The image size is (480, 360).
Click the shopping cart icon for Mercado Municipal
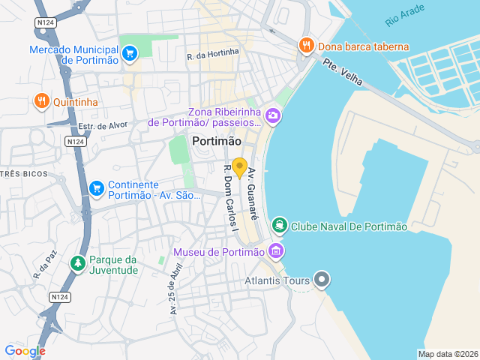coord(130,52)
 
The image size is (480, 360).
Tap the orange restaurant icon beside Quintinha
coord(41,100)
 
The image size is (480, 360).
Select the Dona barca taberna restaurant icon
coord(306,46)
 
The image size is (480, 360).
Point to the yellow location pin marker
coord(240,167)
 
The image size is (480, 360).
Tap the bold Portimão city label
coord(217,141)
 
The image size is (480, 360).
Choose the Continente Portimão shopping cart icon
coord(96,188)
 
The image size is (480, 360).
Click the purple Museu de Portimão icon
coord(275,251)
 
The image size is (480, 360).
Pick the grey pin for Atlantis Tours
coord(322,281)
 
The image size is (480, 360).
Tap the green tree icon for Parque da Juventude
coord(76,264)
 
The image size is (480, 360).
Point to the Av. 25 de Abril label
coord(175,289)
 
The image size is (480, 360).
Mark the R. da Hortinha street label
coord(213,53)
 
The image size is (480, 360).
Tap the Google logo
coord(25,350)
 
